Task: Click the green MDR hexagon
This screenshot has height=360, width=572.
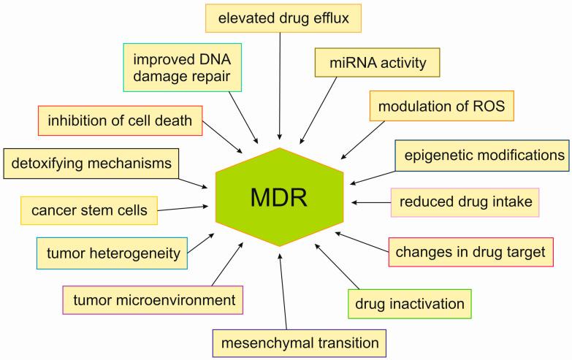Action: [281, 196]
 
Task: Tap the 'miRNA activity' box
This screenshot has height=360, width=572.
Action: [378, 63]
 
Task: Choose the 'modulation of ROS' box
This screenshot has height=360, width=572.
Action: [443, 107]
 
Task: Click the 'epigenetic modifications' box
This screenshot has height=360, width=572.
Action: [481, 156]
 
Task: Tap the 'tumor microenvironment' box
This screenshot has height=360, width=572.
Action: [153, 299]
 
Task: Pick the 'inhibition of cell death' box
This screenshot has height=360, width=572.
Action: [120, 120]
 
